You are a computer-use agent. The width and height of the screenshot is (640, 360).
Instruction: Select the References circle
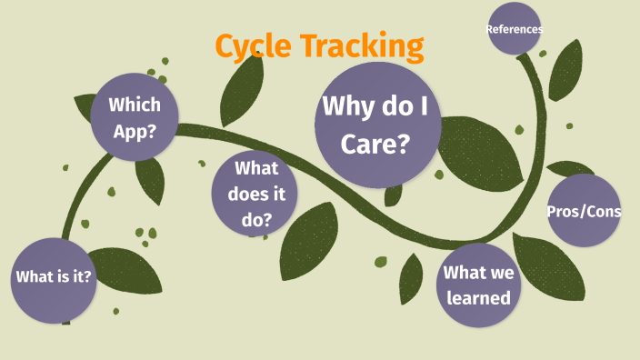click(515, 28)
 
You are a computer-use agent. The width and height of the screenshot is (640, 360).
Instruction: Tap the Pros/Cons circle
click(584, 211)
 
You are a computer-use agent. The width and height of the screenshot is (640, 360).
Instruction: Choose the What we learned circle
click(477, 285)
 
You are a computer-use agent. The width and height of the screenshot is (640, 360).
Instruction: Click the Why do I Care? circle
click(377, 125)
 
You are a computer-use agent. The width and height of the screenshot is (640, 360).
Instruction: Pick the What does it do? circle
click(255, 193)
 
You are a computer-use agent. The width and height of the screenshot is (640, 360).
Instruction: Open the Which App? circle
click(134, 115)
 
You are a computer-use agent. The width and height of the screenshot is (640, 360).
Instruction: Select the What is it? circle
click(54, 277)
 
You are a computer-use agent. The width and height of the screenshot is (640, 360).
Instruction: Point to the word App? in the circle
click(134, 129)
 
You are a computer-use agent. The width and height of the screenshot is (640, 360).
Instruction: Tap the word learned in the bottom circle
click(477, 297)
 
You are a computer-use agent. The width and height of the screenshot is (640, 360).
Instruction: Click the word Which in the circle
click(135, 104)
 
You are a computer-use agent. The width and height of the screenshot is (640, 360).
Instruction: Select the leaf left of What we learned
click(412, 277)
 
